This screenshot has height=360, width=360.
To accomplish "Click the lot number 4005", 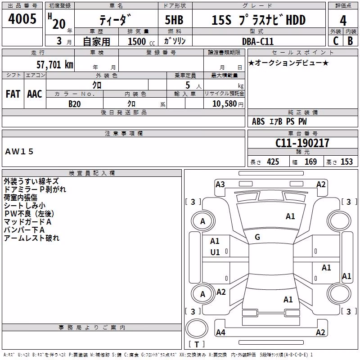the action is pos(22,18).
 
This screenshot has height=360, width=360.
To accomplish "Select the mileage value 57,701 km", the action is pos(55,65).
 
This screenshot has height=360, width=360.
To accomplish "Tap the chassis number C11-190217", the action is pos(302,143).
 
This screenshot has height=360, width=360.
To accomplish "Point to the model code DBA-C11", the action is pos(258,41).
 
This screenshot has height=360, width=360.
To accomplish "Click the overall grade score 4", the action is pos(343,21).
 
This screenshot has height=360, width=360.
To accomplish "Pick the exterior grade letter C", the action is pos(336,41).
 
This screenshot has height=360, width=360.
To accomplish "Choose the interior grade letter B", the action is pos(351,41).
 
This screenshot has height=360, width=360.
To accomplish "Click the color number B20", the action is pos(75,104).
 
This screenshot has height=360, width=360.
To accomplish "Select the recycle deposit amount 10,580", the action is pos(224,104).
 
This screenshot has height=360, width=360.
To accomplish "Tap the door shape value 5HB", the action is pos(174,20).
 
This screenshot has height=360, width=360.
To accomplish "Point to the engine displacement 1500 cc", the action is pos(141,41).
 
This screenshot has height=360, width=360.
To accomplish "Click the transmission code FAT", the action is pos(13,94).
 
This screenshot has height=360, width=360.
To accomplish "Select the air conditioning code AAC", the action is pos(35,94).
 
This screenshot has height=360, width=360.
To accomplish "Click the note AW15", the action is pos(19,152).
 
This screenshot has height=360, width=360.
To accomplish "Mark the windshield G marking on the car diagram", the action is pos(257,237).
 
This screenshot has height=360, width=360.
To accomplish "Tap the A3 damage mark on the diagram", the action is pos(220,184).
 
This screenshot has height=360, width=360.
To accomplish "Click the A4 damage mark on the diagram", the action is pos(220,332).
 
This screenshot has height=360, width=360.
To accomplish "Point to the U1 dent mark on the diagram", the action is pos(215,252).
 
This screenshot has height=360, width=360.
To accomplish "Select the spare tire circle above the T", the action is pos(197,328).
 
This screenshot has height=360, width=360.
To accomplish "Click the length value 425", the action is pos(273,162).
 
